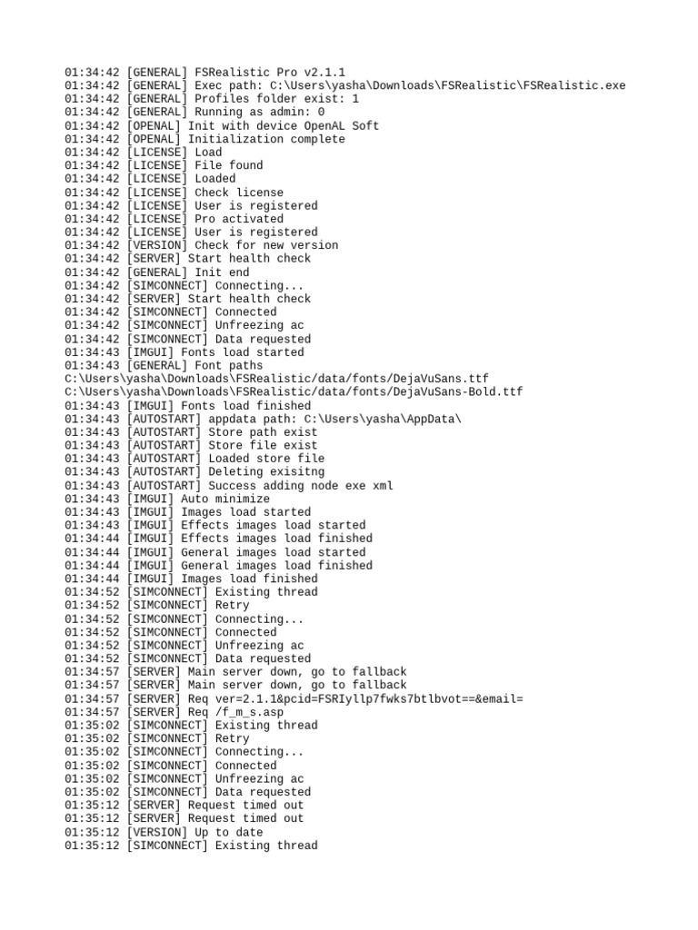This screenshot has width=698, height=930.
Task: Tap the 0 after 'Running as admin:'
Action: tap(321, 113)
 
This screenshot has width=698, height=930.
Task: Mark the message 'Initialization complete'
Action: tap(266, 139)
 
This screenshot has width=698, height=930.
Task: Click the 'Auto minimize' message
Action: tap(225, 499)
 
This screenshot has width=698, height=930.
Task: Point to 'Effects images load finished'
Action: tap(276, 539)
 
